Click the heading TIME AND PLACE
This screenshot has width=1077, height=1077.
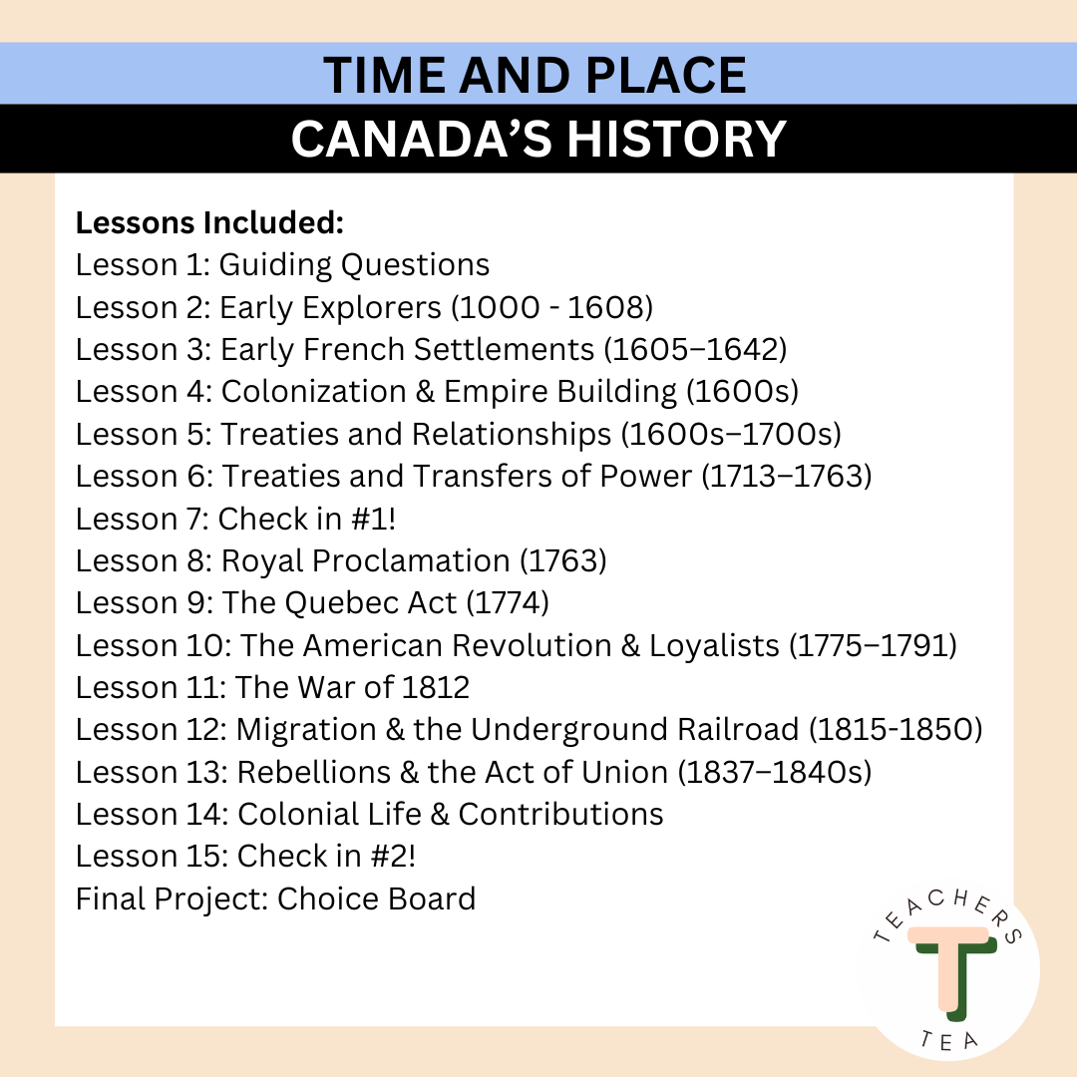(536, 76)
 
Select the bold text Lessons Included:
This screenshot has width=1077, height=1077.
(209, 223)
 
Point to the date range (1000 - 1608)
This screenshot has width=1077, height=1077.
(552, 308)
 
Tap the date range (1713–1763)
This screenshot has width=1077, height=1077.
(787, 477)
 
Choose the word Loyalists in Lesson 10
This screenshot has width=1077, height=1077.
(714, 646)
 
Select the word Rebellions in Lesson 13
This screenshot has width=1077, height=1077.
(317, 773)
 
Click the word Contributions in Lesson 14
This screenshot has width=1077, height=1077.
(560, 815)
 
